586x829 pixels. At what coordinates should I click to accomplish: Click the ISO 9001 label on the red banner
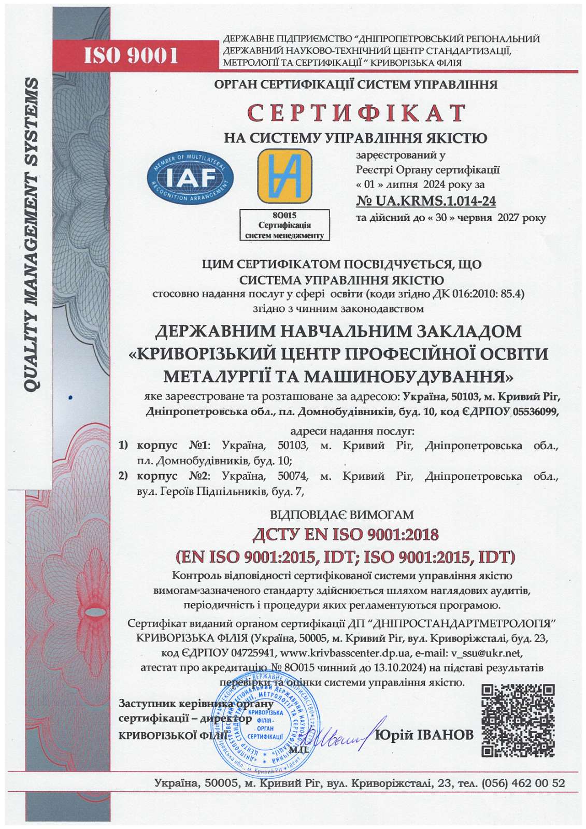click(131, 54)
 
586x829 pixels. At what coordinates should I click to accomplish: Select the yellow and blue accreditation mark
click(284, 176)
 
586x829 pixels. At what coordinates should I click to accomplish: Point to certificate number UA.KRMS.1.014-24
click(426, 201)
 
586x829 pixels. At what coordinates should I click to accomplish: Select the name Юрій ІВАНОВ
click(424, 735)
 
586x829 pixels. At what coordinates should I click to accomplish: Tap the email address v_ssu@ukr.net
click(487, 652)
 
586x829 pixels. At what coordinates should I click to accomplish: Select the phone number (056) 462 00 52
click(523, 783)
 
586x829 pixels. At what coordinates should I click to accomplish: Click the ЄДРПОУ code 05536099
click(535, 412)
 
